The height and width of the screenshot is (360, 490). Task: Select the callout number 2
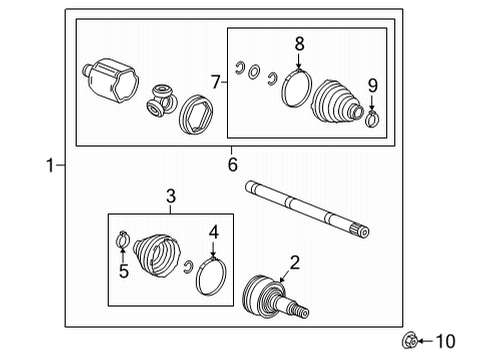294,264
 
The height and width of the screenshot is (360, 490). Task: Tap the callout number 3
171,196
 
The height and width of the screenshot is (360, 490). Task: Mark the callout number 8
297,43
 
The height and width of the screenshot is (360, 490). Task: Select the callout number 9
373,85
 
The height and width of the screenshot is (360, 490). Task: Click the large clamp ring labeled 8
296,88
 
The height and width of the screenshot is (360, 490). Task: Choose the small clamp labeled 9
373,121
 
